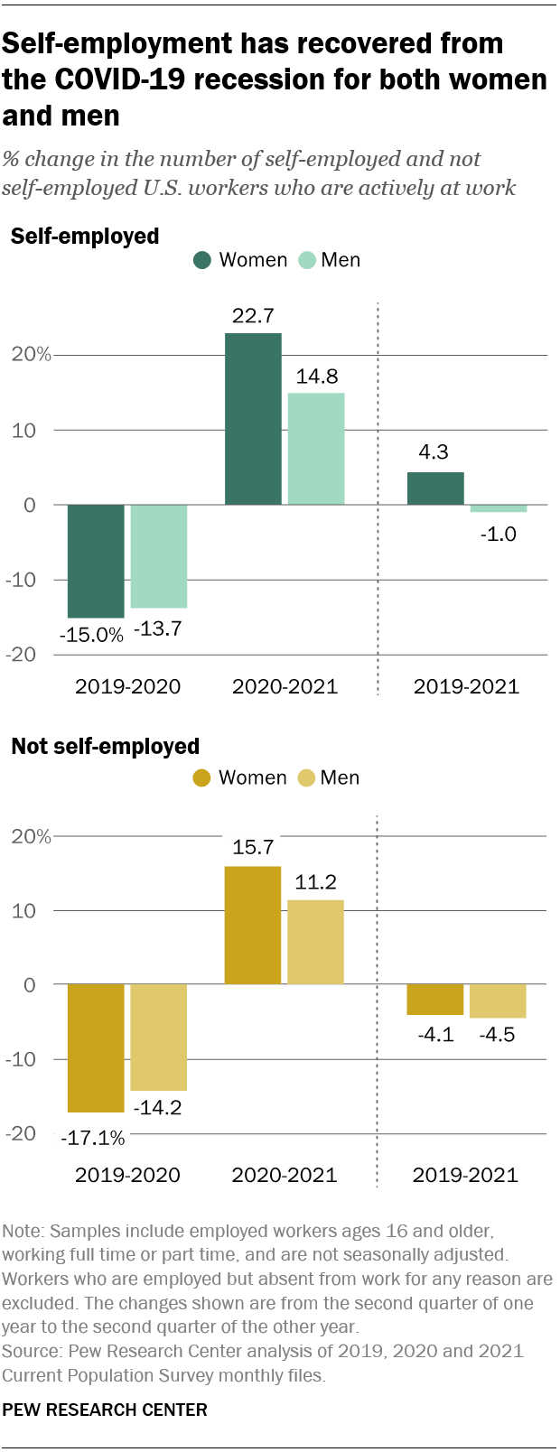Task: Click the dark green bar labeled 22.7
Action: [253, 419]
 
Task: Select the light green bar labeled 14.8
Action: [316, 449]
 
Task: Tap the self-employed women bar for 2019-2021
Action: [435, 489]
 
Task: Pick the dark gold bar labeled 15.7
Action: [253, 926]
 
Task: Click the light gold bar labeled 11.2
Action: [316, 942]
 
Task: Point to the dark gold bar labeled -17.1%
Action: [96, 1047]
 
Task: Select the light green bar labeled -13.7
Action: [159, 556]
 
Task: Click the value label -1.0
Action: [498, 534]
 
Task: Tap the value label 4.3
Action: [434, 452]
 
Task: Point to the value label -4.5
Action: [497, 1035]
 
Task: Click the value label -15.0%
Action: [91, 635]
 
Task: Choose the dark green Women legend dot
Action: [202, 260]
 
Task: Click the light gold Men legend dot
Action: [306, 778]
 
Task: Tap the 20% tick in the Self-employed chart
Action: [32, 355]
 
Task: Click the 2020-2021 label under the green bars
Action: [285, 686]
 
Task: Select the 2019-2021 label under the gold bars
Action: [465, 1175]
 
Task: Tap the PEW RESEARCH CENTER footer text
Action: [105, 1410]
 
